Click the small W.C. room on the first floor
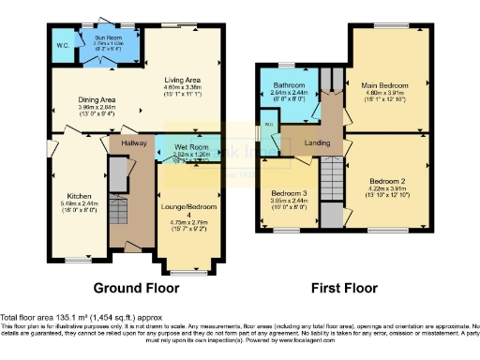(268, 126)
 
